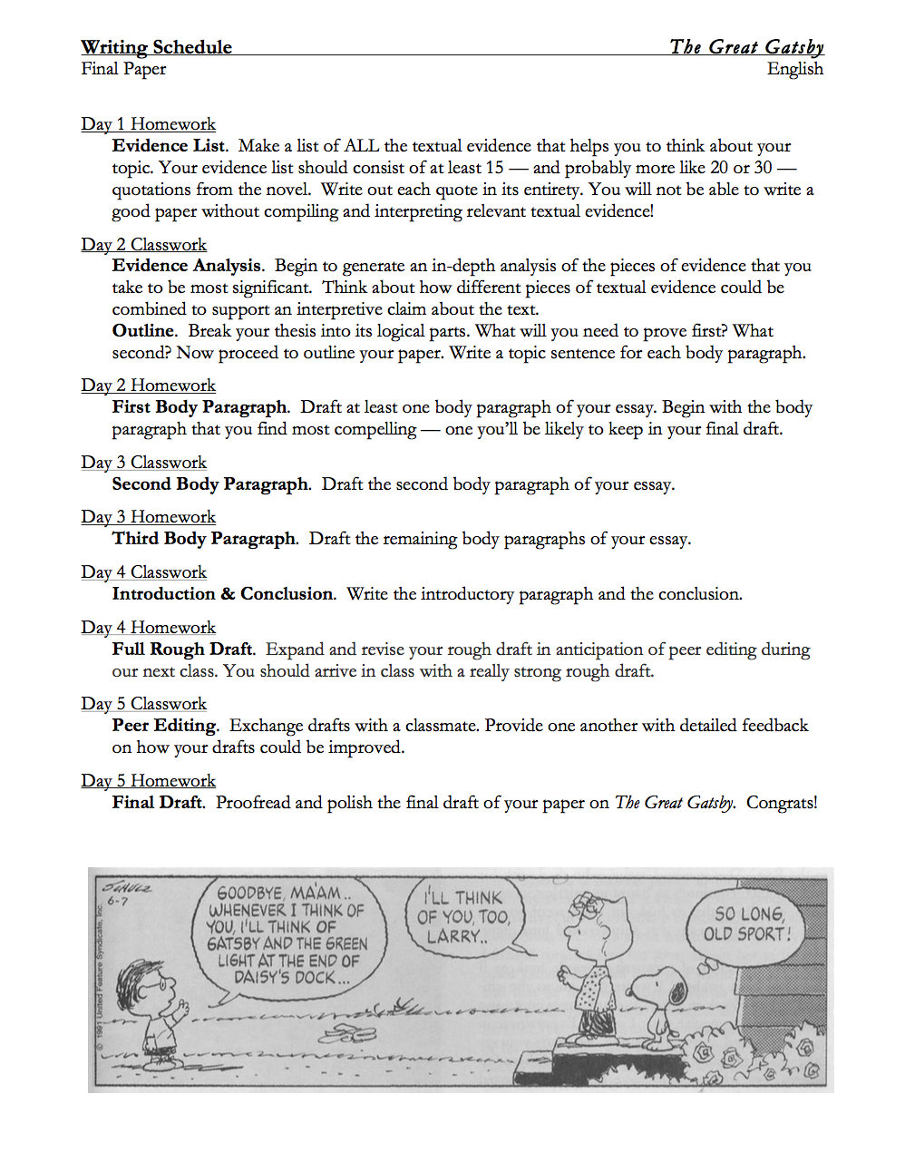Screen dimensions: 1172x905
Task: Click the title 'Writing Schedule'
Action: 156,47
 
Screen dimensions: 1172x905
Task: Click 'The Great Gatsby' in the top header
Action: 746,47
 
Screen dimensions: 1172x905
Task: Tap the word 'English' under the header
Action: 794,69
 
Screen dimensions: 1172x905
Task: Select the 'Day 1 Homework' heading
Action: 148,124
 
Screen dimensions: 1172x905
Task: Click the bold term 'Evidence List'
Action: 169,146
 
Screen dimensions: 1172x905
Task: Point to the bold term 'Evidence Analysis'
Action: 187,266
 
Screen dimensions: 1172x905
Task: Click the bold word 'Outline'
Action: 143,331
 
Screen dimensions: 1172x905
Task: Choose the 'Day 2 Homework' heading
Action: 148,386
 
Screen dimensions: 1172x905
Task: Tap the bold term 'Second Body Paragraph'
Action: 210,484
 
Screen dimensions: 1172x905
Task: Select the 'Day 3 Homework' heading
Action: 148,517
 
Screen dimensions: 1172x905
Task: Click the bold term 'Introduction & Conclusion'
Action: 223,594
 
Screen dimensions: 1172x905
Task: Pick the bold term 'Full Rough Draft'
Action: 182,649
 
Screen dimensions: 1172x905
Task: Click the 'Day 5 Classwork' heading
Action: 143,704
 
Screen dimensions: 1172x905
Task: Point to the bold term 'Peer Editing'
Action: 164,726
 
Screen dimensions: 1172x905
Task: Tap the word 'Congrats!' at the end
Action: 782,803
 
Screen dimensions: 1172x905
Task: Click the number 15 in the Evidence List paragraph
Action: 494,168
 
